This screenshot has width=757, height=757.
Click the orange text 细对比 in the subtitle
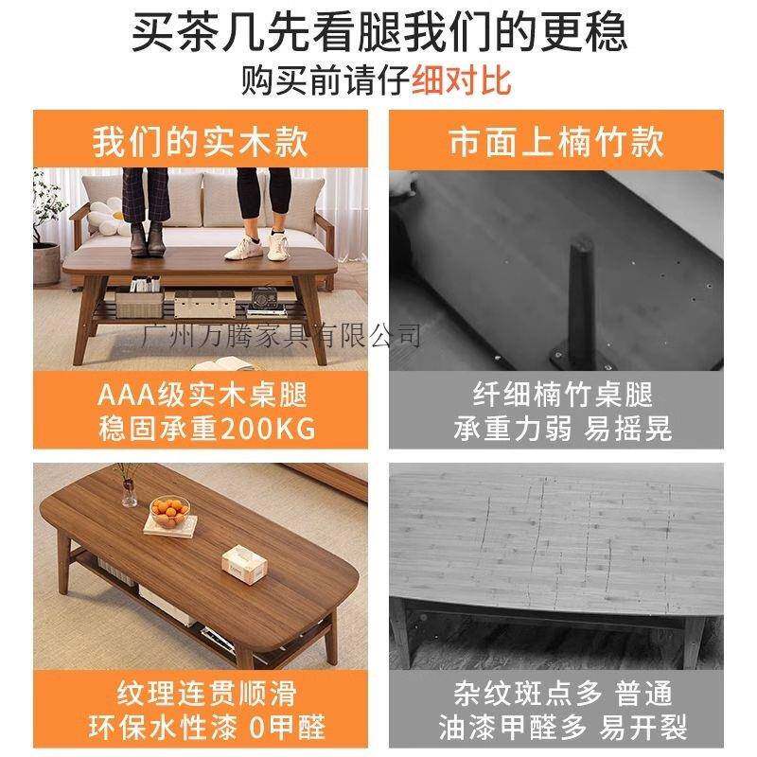coord(461,79)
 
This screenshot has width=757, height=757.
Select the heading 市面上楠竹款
coord(555,142)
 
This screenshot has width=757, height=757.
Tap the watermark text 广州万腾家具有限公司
coord(279,333)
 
